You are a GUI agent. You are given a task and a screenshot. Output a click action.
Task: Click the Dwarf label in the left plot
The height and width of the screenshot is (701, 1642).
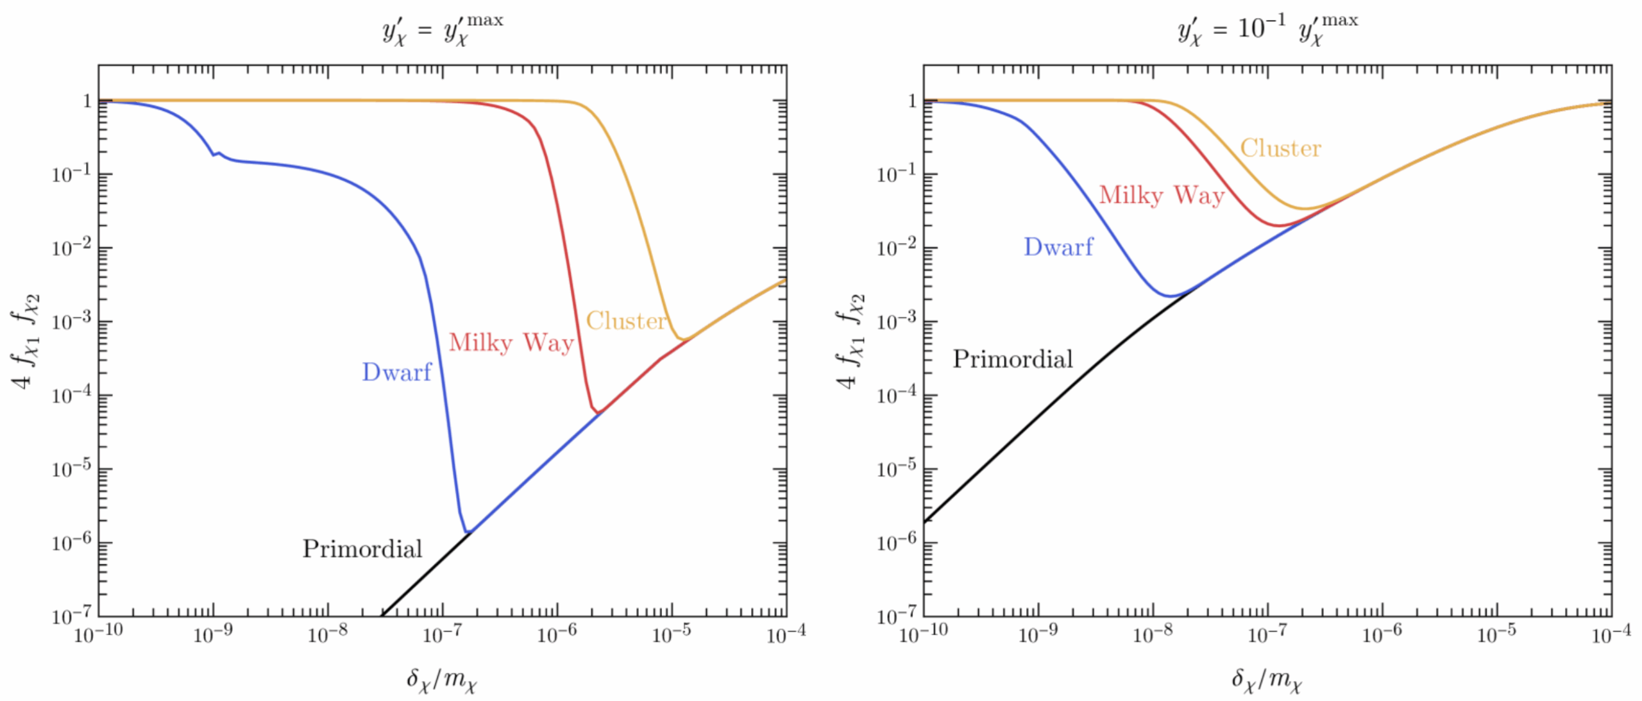coord(396,372)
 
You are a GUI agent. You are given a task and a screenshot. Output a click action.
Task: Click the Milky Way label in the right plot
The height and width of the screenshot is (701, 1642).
coord(1162,195)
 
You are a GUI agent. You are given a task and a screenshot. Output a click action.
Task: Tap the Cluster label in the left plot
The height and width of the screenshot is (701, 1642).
coord(626,320)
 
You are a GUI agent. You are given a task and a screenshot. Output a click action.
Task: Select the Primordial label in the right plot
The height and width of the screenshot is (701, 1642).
coord(1012,359)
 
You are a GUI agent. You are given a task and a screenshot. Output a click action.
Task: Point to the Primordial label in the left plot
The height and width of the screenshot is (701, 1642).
coord(362,548)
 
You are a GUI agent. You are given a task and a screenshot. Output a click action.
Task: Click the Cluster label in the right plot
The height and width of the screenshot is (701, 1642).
coord(1280,148)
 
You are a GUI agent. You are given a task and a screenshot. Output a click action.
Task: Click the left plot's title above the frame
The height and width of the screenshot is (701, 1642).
coord(443,29)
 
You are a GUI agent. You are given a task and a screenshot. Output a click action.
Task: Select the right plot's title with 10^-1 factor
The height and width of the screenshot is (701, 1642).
coord(1267,29)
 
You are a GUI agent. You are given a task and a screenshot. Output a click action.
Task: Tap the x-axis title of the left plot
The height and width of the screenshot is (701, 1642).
coord(442,679)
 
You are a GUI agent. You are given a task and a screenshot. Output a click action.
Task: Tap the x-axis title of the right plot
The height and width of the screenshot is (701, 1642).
coord(1267,679)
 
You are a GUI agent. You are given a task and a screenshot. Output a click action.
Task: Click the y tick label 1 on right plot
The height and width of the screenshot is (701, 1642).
coord(911,101)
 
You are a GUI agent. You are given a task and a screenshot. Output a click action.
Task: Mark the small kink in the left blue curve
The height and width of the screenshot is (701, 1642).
coord(216,154)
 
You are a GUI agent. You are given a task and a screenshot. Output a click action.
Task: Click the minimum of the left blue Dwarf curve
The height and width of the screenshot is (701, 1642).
coord(468,531)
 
